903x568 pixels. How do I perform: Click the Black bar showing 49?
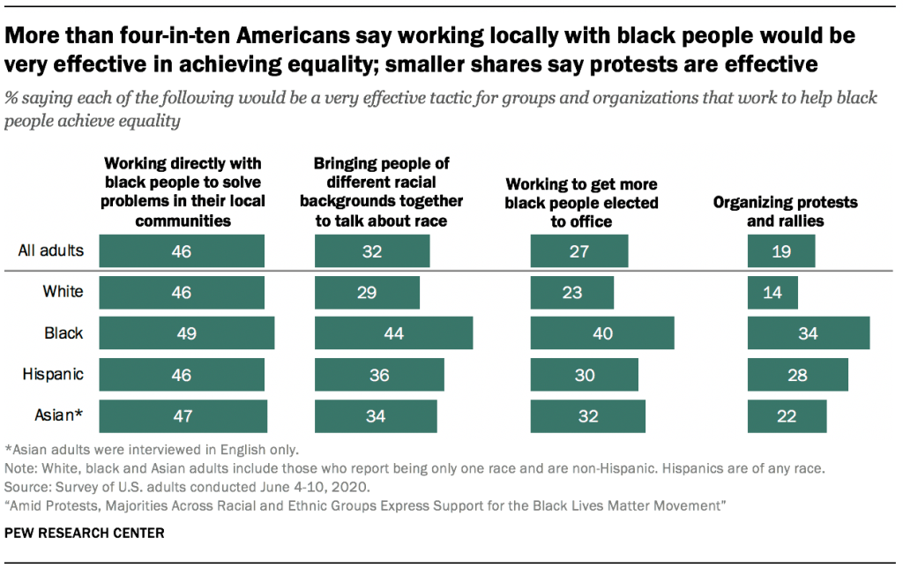(x=186, y=333)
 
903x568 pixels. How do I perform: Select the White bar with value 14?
(x=772, y=293)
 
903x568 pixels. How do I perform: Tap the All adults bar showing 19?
(x=781, y=251)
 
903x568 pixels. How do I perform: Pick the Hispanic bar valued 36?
(x=379, y=375)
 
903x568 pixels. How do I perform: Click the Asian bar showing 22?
(x=787, y=416)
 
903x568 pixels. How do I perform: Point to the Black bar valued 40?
(x=602, y=333)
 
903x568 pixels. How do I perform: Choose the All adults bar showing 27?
(x=579, y=251)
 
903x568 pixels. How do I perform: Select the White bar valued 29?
(x=367, y=293)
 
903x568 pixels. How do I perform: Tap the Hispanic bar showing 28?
(x=798, y=375)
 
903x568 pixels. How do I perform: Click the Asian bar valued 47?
(x=183, y=416)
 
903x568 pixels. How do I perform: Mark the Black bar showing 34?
(x=809, y=333)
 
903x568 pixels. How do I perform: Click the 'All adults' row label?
(x=51, y=250)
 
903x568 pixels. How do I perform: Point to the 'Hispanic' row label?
(x=53, y=374)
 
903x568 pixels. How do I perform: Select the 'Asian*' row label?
(x=56, y=415)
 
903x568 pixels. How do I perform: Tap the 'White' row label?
(x=63, y=292)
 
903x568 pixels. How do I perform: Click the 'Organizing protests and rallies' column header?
(x=785, y=212)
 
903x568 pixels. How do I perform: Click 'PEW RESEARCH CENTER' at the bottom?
(x=71, y=534)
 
